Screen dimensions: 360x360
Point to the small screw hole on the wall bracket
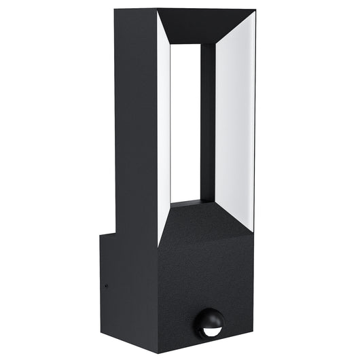[x=106, y=285]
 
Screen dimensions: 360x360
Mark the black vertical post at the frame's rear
[x=208, y=122]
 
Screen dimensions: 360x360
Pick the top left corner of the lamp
[x=115, y=10]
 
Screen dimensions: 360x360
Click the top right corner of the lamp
[x=255, y=10]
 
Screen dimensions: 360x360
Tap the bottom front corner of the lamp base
[x=158, y=350]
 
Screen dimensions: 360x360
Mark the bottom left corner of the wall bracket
[x=101, y=333]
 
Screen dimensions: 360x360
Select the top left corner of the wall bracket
[x=101, y=234]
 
